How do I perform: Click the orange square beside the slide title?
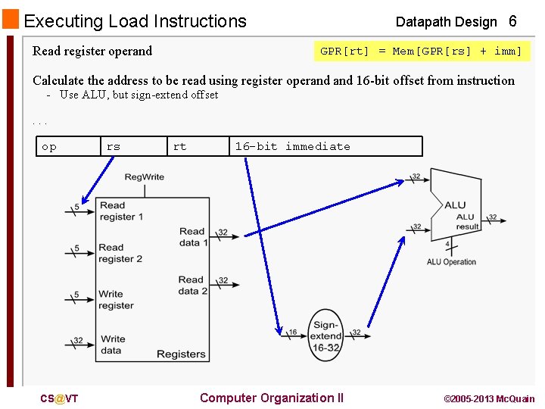(x=11, y=20)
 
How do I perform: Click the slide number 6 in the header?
(x=512, y=21)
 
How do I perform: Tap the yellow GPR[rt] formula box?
(x=422, y=52)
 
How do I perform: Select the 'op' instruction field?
(x=67, y=146)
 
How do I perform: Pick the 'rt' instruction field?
(x=197, y=146)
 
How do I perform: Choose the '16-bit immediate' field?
(x=325, y=146)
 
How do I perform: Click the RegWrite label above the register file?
(x=144, y=177)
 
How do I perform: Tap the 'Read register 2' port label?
(x=120, y=253)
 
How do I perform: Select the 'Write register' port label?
(x=116, y=300)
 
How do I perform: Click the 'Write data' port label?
(x=113, y=345)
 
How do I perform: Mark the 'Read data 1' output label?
(x=193, y=237)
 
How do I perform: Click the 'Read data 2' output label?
(x=193, y=285)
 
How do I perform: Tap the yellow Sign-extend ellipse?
(x=326, y=336)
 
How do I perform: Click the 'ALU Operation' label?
(x=451, y=262)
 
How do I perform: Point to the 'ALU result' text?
(x=467, y=222)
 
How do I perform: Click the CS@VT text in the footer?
(x=59, y=399)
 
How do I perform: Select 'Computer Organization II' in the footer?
(x=271, y=398)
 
